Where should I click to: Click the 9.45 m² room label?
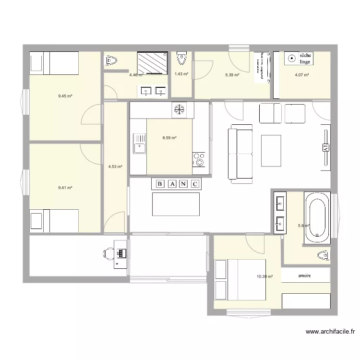pos(65,96)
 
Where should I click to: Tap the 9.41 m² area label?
pos(65,188)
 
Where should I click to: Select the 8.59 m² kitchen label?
pos(169,138)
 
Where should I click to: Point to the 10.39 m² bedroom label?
pos(264,276)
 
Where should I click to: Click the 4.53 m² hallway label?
pos(115,167)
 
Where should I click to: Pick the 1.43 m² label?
pos(181,74)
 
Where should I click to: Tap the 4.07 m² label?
pos(301,74)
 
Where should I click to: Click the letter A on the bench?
pos(171,183)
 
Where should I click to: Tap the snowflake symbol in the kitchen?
pos(178,109)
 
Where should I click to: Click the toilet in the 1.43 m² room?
pos(181,59)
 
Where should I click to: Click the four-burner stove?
pos(199,159)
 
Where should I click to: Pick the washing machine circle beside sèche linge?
pos(290,59)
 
